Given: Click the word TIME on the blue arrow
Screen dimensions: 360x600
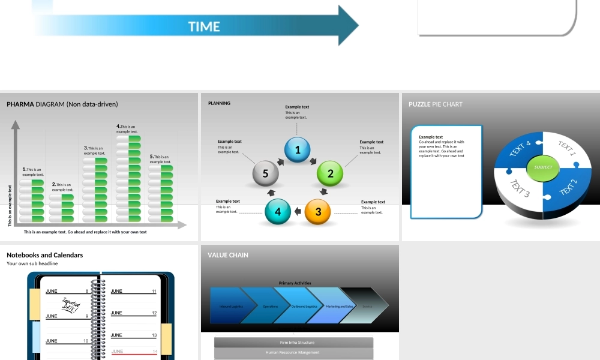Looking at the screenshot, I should point(204,26).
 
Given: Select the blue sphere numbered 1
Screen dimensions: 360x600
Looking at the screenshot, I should point(298,150).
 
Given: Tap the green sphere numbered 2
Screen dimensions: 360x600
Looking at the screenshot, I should point(330,174).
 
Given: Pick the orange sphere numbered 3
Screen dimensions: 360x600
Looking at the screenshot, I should point(318,212).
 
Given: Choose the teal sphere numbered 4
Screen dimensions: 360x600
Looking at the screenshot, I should point(277,212).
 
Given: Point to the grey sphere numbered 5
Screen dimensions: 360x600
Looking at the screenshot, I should point(266,174).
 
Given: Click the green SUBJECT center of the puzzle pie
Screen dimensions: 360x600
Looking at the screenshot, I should point(543,167).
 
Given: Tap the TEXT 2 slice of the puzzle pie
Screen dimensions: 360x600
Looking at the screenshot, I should point(568,187).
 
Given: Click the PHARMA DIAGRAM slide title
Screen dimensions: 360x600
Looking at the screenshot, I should point(62,104).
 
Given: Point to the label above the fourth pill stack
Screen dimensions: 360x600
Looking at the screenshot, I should point(127,129).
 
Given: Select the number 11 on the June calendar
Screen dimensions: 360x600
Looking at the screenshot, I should point(154,291).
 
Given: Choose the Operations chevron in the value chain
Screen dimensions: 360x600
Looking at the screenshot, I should point(270,306).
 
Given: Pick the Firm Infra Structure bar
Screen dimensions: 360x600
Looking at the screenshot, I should point(294,343).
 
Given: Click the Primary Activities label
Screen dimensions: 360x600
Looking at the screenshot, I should point(295,283).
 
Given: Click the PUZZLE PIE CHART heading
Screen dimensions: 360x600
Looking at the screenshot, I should point(436,104).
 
